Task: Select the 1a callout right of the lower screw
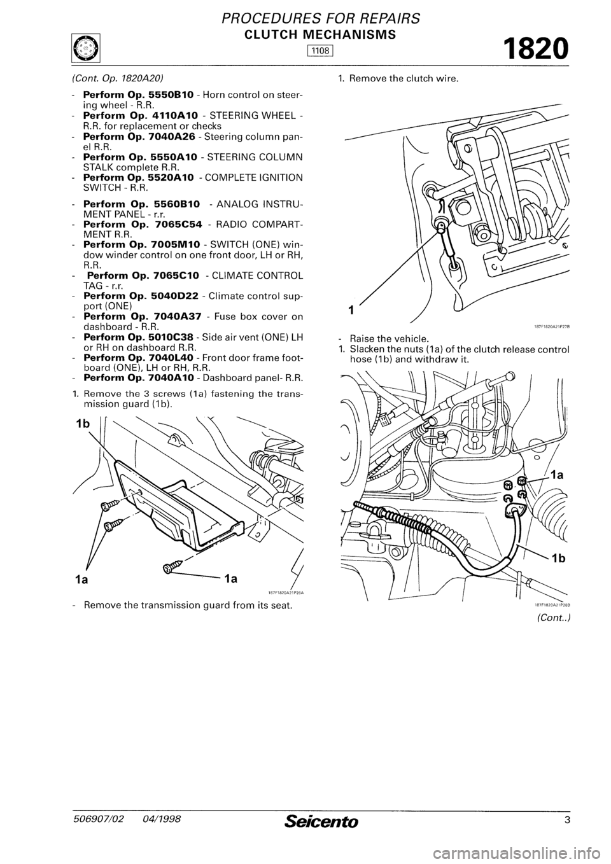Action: [230, 579]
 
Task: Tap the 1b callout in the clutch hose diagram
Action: [559, 559]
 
